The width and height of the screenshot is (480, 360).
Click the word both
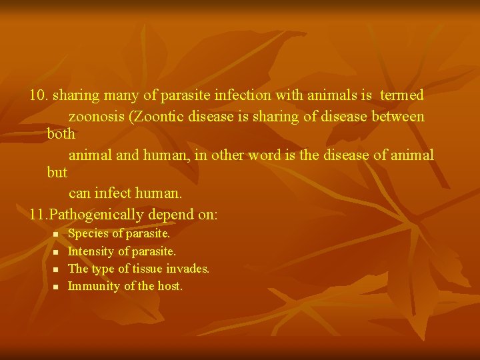61,133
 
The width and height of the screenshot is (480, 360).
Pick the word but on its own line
57,172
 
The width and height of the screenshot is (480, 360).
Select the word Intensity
91,251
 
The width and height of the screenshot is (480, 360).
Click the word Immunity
93,286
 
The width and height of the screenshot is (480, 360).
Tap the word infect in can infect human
116,193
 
